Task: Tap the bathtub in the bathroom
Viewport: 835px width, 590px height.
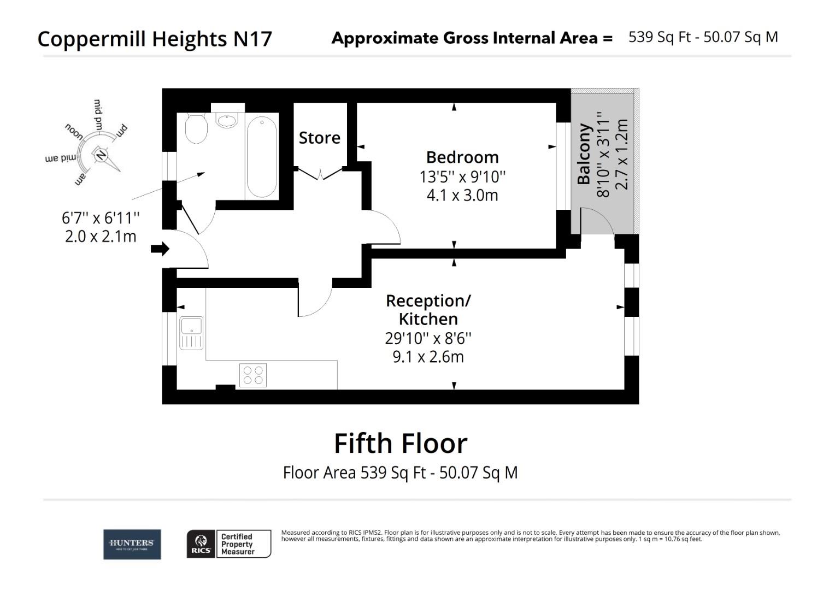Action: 262,157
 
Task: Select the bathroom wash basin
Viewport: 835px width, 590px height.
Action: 226,120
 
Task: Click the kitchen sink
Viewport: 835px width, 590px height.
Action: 191,333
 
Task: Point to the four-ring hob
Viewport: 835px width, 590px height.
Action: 253,375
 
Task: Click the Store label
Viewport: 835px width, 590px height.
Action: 319,138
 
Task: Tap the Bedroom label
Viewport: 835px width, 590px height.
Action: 462,157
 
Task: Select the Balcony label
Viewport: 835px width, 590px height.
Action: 584,154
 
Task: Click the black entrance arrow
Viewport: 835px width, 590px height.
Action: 160,249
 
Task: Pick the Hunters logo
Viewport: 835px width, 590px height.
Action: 132,544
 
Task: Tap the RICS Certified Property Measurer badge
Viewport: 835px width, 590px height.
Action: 229,544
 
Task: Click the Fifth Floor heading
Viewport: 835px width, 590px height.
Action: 401,443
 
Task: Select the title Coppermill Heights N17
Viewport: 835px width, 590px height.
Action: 155,39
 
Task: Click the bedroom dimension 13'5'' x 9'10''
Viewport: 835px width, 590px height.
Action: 462,177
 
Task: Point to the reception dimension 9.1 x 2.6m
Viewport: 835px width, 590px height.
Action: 428,357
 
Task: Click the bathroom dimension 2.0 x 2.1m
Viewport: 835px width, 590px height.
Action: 101,237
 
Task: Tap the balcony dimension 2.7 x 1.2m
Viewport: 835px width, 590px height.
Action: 621,154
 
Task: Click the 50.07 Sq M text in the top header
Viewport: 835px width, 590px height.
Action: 740,37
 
